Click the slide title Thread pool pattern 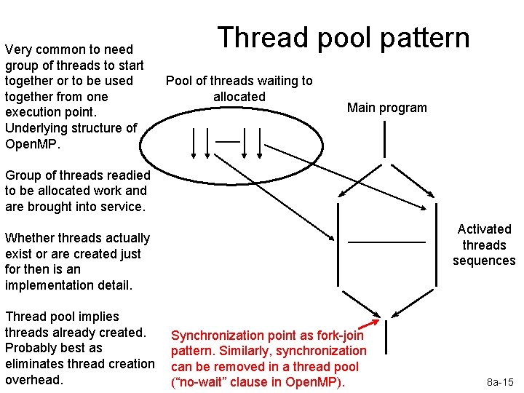[x=344, y=38]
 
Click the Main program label [x=386, y=108]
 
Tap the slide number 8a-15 [x=500, y=381]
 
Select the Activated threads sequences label [x=483, y=245]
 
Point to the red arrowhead [x=376, y=323]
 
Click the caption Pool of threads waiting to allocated [x=239, y=88]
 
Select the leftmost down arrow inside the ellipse [x=194, y=141]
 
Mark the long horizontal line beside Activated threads [x=386, y=242]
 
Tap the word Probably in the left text [x=30, y=348]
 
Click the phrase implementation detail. [x=68, y=285]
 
